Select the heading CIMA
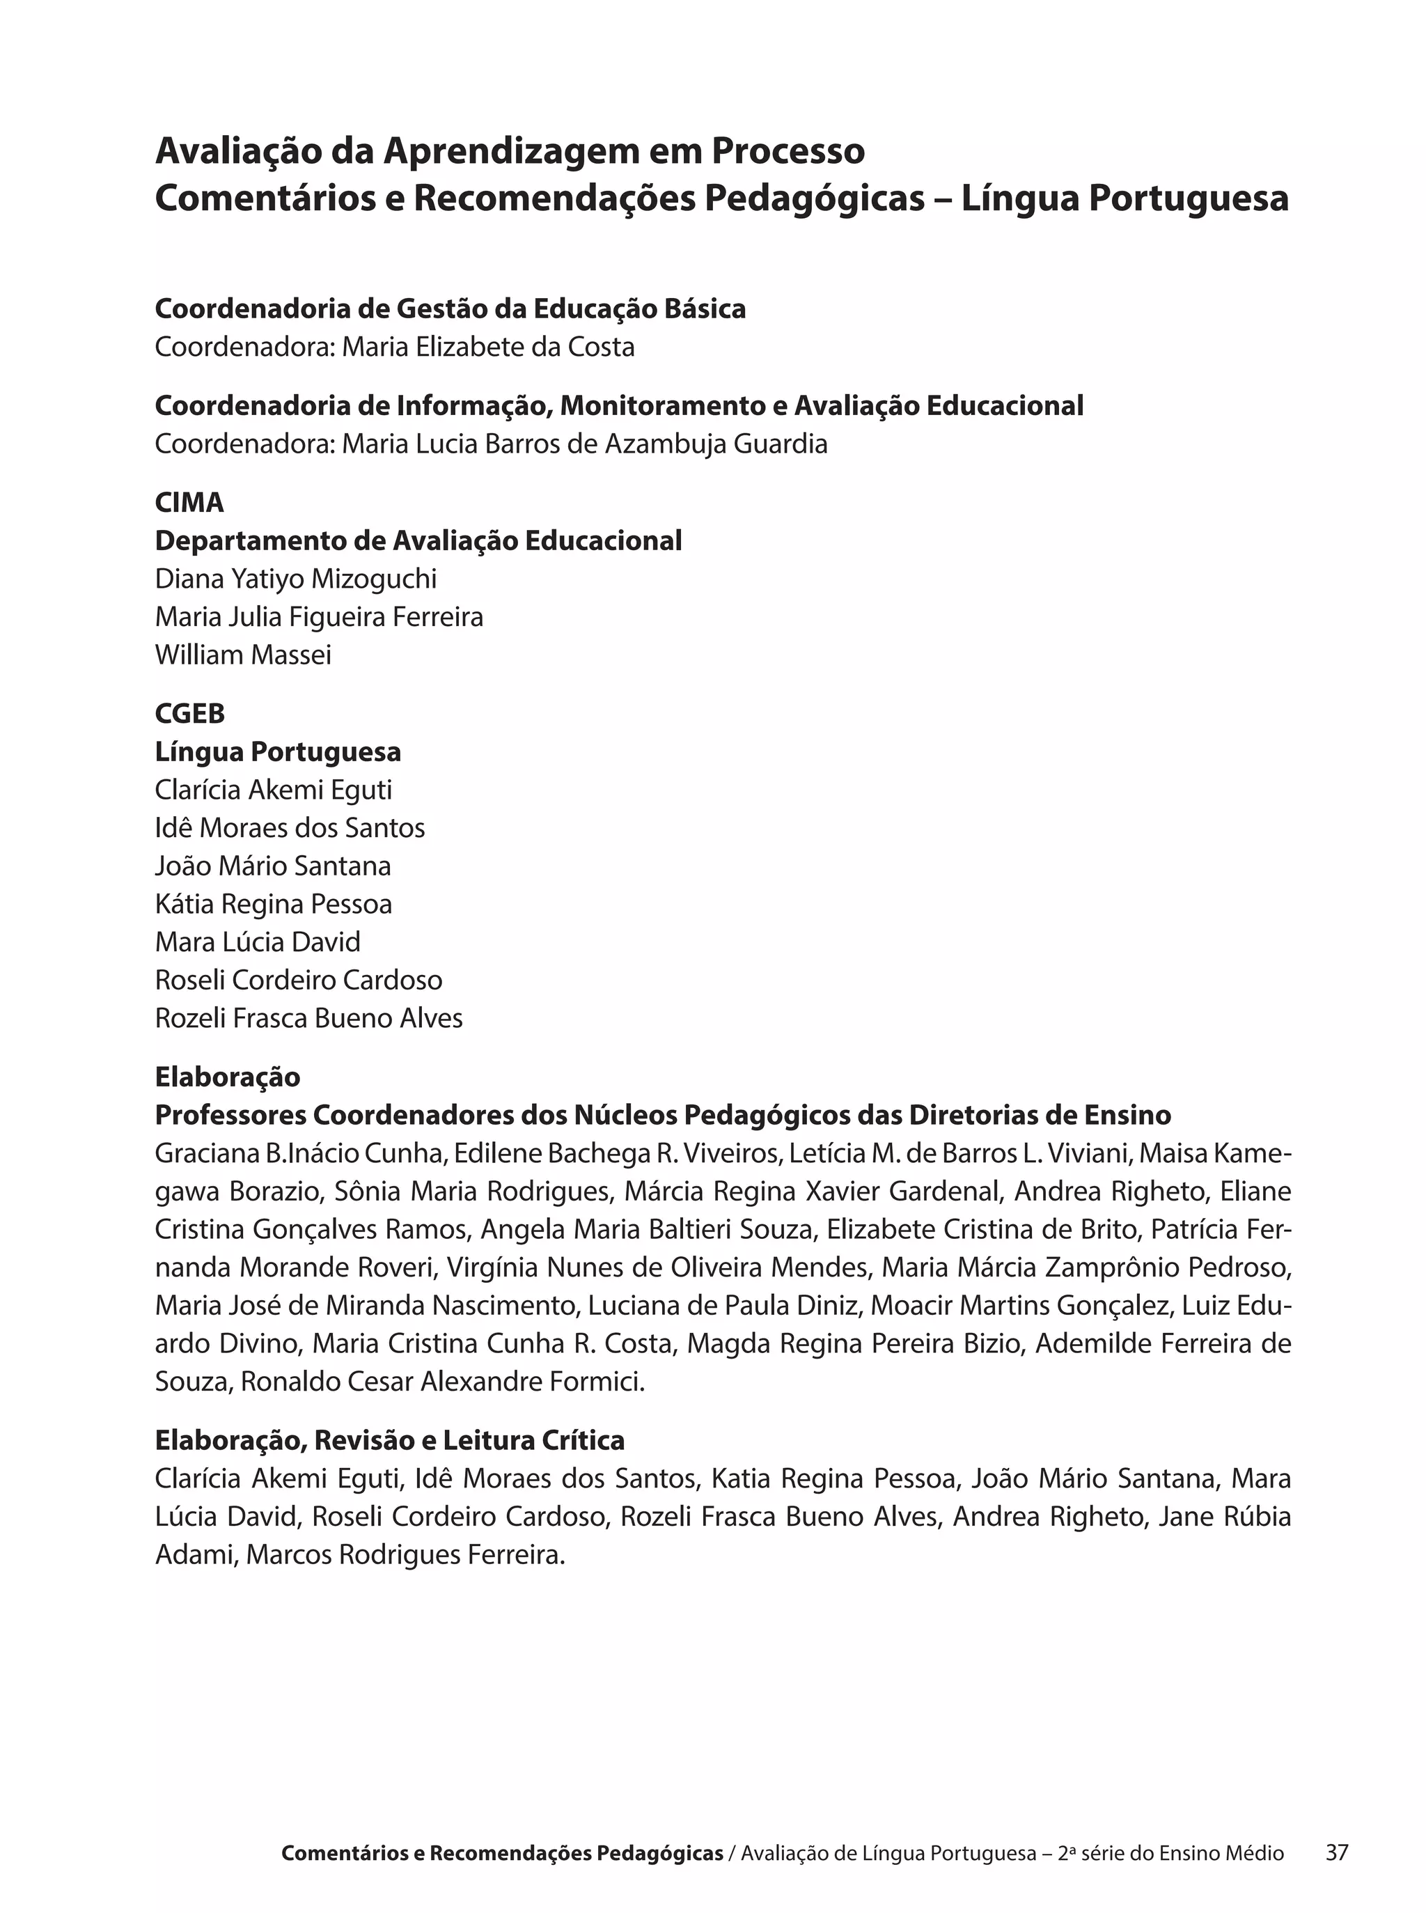pos(189,502)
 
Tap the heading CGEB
pos(190,713)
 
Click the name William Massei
pos(242,655)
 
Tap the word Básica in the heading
pos(706,309)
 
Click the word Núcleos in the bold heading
pos(626,1116)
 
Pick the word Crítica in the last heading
pos(584,1440)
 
